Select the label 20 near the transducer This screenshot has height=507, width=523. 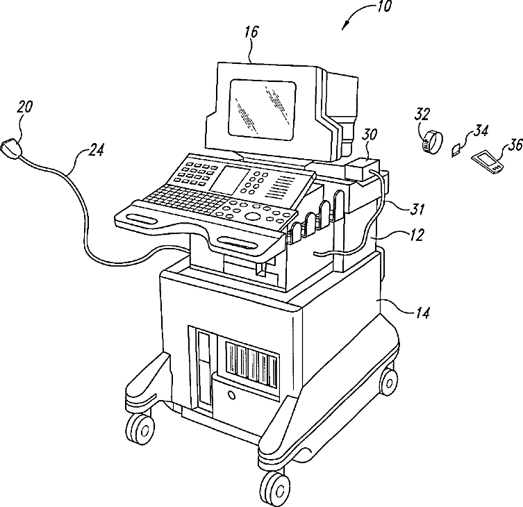click(x=24, y=106)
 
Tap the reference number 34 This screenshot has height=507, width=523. click(x=480, y=130)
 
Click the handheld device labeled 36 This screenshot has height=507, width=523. click(x=488, y=163)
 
